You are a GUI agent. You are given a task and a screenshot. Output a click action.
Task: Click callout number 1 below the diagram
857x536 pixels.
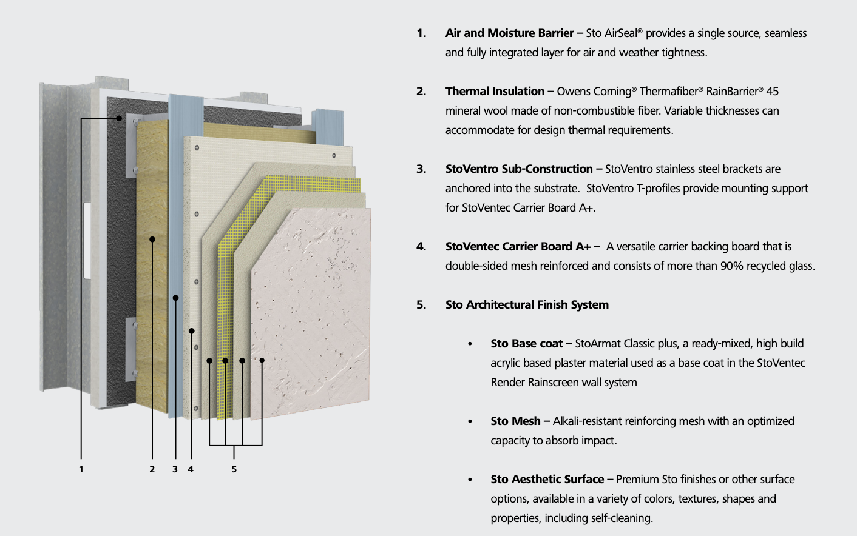(81, 469)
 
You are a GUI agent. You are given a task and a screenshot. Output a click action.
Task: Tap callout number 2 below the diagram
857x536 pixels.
(152, 469)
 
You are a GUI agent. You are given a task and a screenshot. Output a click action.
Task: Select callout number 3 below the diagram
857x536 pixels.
(175, 469)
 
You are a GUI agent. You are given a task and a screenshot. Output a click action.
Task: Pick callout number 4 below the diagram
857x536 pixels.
(191, 469)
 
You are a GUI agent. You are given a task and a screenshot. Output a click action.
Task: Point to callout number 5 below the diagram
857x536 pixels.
(234, 469)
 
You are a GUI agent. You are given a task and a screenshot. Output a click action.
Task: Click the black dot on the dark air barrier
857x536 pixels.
(120, 119)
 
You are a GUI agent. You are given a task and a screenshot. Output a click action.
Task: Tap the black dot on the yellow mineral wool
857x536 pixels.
(152, 240)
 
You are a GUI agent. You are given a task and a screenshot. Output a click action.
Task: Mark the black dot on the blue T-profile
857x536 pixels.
(175, 298)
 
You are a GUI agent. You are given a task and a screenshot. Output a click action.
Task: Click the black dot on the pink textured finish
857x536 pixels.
(262, 360)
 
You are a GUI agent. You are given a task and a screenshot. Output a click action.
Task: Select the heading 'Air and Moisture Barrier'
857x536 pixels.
(509, 33)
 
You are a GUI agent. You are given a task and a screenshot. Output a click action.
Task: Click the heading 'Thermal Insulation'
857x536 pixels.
(495, 92)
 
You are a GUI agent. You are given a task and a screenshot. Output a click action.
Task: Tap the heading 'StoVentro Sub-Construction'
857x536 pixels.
(519, 169)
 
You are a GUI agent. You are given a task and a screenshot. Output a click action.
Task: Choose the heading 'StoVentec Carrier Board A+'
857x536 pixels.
(518, 247)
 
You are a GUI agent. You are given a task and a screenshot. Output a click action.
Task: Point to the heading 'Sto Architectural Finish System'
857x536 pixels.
(527, 305)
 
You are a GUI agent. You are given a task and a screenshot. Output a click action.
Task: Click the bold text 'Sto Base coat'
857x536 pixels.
(526, 344)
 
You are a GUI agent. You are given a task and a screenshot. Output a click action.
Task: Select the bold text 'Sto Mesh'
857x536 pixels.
(515, 421)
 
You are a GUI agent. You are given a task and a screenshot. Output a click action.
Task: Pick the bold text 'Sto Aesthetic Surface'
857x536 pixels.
(547, 480)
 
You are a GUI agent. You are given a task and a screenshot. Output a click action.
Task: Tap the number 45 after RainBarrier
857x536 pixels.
(772, 92)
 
